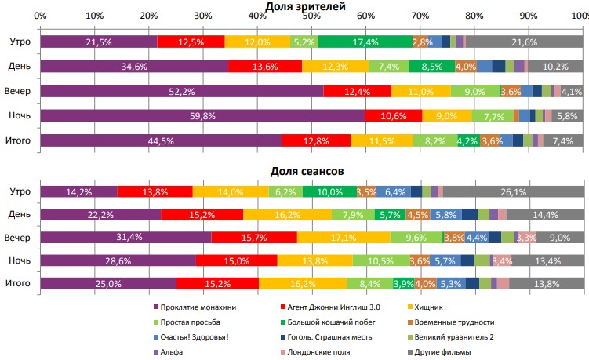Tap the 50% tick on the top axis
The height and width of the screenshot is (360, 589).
(x=311, y=16)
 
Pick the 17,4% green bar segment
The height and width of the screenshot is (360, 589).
(x=364, y=42)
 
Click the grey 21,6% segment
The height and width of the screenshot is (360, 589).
(x=524, y=42)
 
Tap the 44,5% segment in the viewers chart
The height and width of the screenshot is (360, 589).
(x=161, y=141)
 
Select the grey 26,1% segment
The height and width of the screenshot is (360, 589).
(x=513, y=191)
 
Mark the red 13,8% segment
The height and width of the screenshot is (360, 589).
(x=154, y=191)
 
